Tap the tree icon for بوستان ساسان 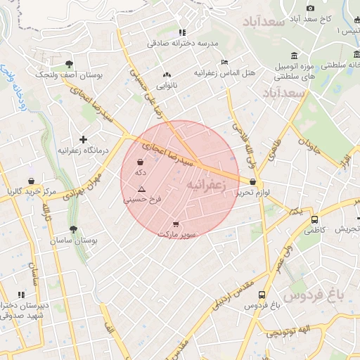pyautogui.click(x=73, y=229)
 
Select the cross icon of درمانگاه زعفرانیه pyautogui.click(x=83, y=139)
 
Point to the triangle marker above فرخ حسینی pyautogui.click(x=142, y=189)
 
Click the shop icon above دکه pyautogui.click(x=141, y=163)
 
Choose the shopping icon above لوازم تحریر pyautogui.click(x=252, y=182)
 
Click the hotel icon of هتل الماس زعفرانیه pyautogui.click(x=224, y=63)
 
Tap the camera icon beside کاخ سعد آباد pyautogui.click(x=310, y=8)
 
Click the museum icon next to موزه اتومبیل pyautogui.click(x=292, y=56)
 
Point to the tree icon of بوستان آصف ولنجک pyautogui.click(x=67, y=64)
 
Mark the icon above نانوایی pyautogui.click(x=167, y=75)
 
